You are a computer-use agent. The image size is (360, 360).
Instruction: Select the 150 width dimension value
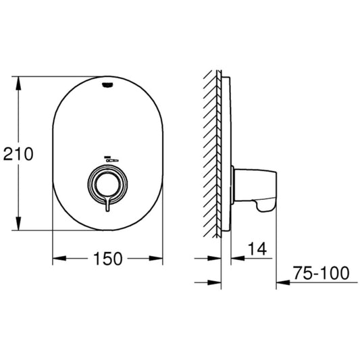click(x=109, y=259)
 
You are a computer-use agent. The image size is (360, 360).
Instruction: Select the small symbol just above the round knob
click(x=108, y=159)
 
